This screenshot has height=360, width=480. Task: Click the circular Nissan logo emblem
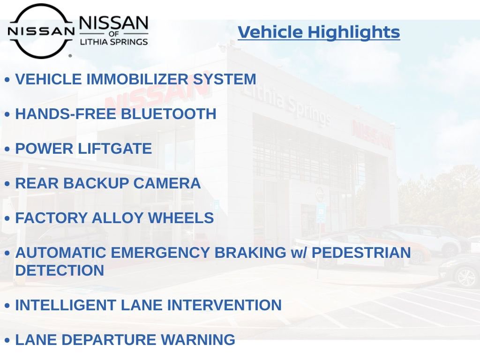pyautogui.click(x=41, y=31)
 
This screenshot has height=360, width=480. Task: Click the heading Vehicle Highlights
pyautogui.click(x=319, y=32)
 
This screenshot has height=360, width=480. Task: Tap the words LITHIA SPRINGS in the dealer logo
pyautogui.click(x=114, y=42)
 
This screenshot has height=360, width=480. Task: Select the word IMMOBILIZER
pyautogui.click(x=138, y=79)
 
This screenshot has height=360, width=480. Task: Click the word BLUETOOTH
pyautogui.click(x=169, y=114)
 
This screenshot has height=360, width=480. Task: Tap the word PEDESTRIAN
pyautogui.click(x=361, y=253)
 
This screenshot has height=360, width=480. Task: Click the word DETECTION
pyautogui.click(x=60, y=270)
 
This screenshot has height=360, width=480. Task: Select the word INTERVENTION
pyautogui.click(x=225, y=305)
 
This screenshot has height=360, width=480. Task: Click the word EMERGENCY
pyautogui.click(x=165, y=253)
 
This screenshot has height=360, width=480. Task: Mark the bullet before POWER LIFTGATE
pyautogui.click(x=7, y=150)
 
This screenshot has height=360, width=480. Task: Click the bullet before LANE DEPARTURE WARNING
pyautogui.click(x=7, y=341)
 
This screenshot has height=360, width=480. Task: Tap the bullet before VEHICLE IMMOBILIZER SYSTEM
pyautogui.click(x=7, y=80)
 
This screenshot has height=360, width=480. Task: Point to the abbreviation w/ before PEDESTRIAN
pyautogui.click(x=298, y=253)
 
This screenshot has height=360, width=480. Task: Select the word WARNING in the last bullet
pyautogui.click(x=202, y=340)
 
